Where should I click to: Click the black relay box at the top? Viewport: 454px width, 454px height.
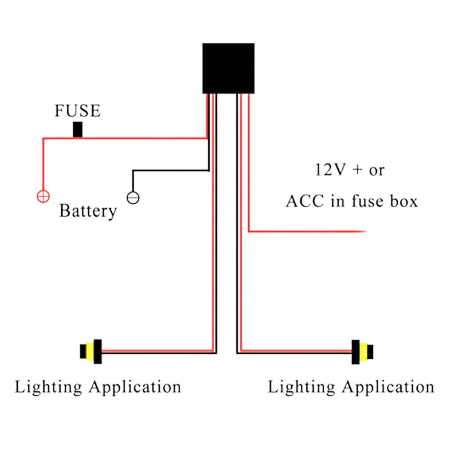pos(228,68)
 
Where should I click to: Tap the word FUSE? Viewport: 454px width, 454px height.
pos(78,111)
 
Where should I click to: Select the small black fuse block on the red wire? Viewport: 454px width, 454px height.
pos(78,129)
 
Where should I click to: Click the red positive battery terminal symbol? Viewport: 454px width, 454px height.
pos(43,196)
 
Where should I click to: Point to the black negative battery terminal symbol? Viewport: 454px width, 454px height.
pos(133,197)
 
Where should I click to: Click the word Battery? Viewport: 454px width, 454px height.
pos(88,211)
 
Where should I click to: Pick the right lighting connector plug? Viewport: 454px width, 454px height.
pos(362,352)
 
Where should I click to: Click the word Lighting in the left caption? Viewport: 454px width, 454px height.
pos(48,387)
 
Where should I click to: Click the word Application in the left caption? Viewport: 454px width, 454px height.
pos(135,387)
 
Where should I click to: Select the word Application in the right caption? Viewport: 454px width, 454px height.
pos(388,387)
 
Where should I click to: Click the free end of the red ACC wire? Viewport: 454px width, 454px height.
pos(364,231)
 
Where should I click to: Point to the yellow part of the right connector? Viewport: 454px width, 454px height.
pos(364,352)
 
